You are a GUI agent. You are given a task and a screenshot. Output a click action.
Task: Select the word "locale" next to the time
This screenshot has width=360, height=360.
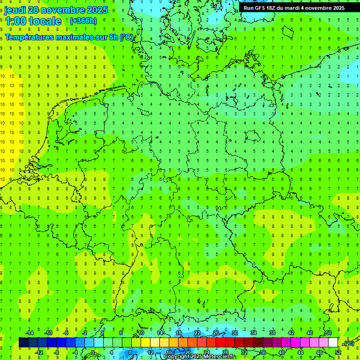45,21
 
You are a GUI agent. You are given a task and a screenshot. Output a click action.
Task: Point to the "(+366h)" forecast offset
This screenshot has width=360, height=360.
83,21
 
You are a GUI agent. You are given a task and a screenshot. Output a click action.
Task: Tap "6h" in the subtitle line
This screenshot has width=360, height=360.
113,37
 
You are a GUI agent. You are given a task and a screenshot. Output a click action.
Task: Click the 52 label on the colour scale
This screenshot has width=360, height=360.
338,352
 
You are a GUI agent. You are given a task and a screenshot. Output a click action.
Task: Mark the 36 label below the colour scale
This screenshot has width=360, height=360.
263,352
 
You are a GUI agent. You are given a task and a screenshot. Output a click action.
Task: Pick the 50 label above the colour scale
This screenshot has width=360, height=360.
328,333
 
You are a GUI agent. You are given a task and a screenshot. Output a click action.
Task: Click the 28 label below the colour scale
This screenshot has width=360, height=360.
225,352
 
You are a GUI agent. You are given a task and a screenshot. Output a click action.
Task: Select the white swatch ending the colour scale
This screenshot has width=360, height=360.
333,343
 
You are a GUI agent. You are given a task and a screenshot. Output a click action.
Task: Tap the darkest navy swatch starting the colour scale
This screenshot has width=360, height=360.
23,343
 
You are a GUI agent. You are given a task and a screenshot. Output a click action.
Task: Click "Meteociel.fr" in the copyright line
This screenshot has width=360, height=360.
220,357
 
